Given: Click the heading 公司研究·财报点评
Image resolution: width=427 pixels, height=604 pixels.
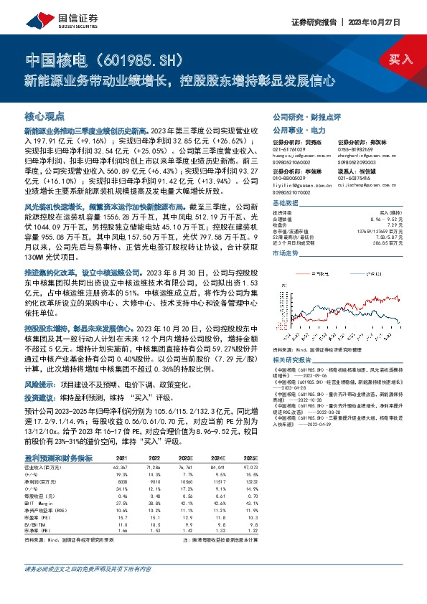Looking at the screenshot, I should (301, 115).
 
